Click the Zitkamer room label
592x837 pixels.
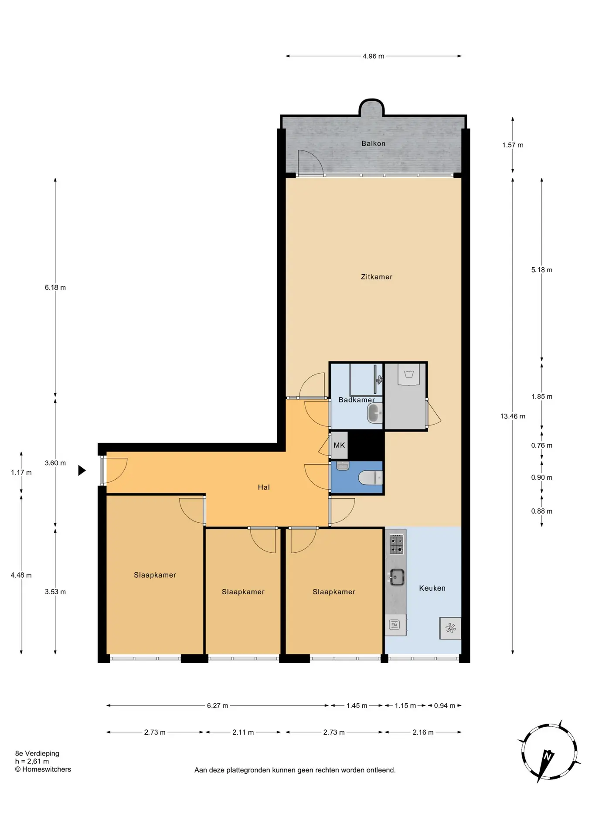377,277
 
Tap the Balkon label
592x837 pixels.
373,143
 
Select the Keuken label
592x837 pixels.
432,588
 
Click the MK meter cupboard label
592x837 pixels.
339,445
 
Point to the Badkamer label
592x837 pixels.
357,400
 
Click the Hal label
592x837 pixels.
264,487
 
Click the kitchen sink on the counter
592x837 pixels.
396,577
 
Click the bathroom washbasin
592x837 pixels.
375,413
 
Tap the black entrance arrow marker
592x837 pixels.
82,470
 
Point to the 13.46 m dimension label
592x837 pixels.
513,416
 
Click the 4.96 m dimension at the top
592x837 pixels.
374,56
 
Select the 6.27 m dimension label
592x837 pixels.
218,705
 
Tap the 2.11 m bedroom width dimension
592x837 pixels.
243,732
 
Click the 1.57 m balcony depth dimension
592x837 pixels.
513,145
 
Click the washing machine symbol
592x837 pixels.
409,374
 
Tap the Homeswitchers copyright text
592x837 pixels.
43,769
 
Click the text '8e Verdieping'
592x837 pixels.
37,753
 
